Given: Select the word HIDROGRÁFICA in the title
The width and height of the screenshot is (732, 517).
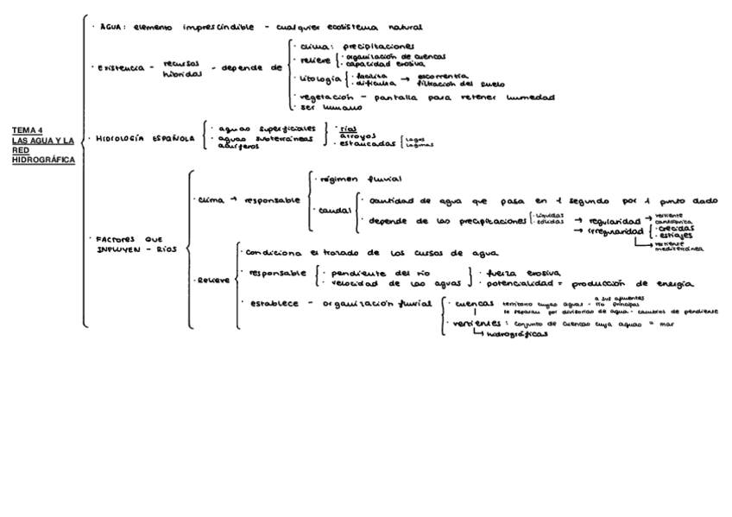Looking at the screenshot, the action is [x=43, y=160].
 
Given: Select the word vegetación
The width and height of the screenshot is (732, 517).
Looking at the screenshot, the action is [x=322, y=98].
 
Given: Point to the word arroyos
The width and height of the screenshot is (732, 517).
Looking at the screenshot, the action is [x=358, y=136].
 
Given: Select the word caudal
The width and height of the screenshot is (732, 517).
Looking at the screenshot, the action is [x=333, y=210].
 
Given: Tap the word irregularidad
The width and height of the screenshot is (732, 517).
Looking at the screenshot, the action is [x=615, y=232].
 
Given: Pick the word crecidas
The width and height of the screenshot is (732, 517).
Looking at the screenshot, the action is [x=676, y=228].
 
